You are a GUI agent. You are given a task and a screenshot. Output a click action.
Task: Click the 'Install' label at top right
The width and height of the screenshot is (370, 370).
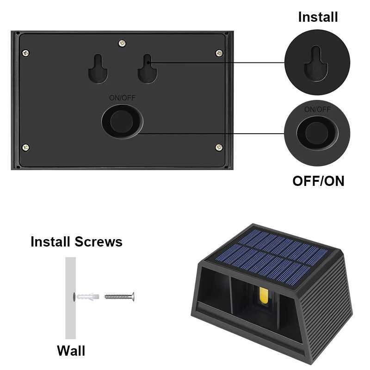[x=318, y=17]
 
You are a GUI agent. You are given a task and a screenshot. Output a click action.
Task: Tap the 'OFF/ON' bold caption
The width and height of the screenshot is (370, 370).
[x=318, y=181]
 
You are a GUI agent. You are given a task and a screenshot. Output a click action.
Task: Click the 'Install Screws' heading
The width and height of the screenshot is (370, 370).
[x=76, y=241]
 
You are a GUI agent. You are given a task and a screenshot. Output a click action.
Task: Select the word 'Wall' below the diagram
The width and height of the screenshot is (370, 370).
[x=71, y=350]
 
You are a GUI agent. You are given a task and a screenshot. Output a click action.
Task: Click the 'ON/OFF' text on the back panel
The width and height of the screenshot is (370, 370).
[x=122, y=98]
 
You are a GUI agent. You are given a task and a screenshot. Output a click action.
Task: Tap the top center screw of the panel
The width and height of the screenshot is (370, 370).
[x=122, y=43]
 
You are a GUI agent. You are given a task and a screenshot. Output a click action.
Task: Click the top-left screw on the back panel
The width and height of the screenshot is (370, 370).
[x=26, y=53]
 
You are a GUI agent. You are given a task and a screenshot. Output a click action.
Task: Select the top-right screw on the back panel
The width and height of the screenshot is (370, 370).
[x=219, y=53]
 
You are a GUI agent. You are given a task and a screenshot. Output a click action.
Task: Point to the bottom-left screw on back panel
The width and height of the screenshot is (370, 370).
[x=26, y=148]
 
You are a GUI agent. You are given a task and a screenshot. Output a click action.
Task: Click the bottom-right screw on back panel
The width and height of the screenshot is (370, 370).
[x=219, y=148]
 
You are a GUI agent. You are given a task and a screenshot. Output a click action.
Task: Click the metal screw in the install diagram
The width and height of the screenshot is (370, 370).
[x=119, y=296]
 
